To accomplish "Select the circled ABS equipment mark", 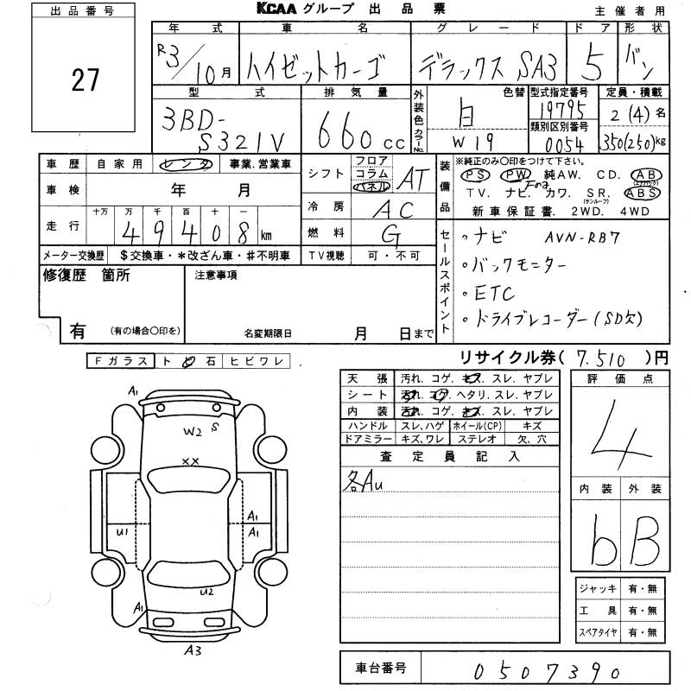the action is tap(648, 193).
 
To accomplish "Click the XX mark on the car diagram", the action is tap(191, 461).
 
